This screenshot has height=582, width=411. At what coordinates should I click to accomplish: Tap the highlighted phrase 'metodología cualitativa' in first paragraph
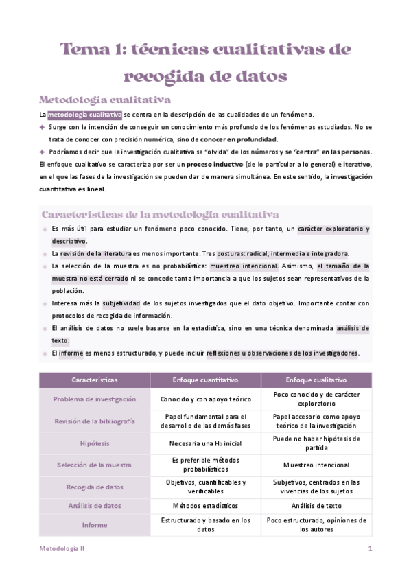point(84,115)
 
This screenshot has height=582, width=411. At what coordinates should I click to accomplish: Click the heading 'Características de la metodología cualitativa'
point(160,214)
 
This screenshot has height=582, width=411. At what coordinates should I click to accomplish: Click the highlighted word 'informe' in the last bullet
point(71,353)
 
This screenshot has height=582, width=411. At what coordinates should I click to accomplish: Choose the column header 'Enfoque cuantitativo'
point(205,380)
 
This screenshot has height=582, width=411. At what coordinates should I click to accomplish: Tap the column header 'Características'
point(95,380)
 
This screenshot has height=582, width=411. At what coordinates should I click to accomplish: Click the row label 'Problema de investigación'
point(95,399)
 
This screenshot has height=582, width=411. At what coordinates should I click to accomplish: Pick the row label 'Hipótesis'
point(95,443)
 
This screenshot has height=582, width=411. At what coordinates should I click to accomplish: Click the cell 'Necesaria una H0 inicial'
point(205,443)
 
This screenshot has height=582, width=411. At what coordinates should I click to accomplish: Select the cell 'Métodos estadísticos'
point(205,506)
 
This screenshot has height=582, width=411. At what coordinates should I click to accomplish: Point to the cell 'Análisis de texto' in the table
point(316,506)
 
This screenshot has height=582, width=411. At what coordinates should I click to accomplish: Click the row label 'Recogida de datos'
point(95,487)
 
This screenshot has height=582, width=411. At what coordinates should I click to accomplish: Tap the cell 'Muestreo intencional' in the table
point(316,465)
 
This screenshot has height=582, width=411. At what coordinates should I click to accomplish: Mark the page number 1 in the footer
point(370,549)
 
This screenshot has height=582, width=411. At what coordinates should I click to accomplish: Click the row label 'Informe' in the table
point(95,525)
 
